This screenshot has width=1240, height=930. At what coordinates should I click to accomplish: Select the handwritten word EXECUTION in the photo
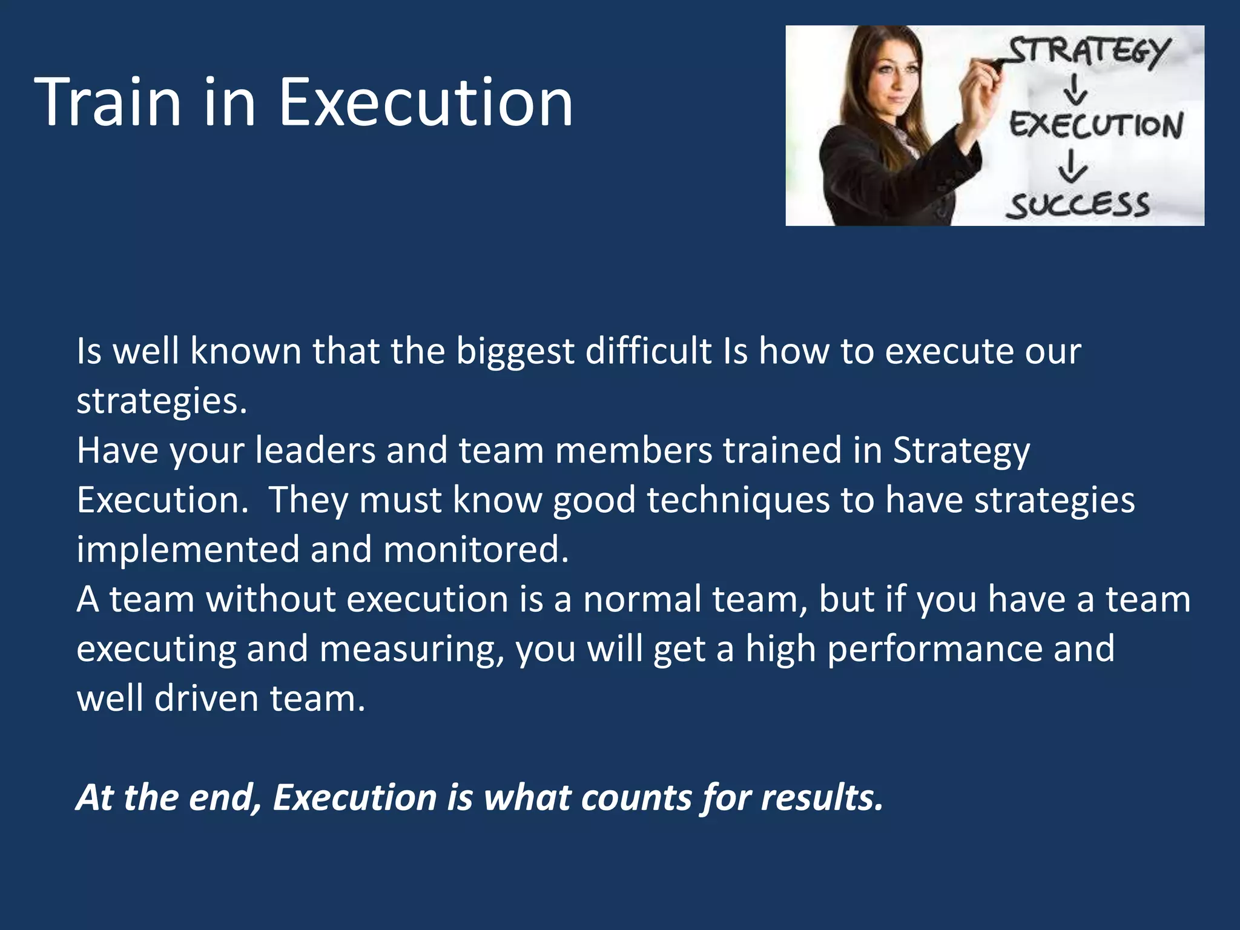click(1096, 125)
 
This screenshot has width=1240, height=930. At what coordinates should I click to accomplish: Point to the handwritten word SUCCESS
click(1078, 206)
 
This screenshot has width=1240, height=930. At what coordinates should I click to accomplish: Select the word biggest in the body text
click(515, 351)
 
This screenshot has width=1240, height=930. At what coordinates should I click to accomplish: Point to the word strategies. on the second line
click(162, 401)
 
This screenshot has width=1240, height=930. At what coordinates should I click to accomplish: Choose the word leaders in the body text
click(315, 450)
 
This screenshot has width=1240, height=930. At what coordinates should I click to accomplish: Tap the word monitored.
click(476, 550)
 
